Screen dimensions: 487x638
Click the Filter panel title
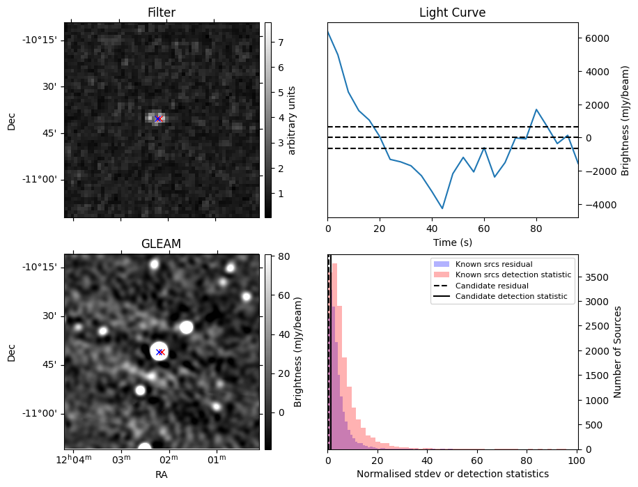[x=162, y=13]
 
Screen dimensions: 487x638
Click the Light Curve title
[x=452, y=13]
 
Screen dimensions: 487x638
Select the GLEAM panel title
[x=162, y=244]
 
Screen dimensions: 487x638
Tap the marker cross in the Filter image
[x=159, y=118]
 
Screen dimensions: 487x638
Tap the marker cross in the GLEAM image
[x=160, y=352]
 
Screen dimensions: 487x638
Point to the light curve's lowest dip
[x=442, y=208]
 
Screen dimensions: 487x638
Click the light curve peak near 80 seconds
[x=536, y=109]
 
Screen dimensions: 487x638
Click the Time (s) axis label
[x=452, y=241]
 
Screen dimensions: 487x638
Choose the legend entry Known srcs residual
[x=493, y=265]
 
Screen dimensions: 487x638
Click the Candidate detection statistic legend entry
[x=511, y=297]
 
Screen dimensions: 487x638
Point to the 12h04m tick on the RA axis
[x=74, y=460]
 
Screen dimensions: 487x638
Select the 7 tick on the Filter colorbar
[x=279, y=42]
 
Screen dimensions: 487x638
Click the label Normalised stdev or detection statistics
[x=452, y=474]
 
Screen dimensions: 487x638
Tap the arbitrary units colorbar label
[x=292, y=120]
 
